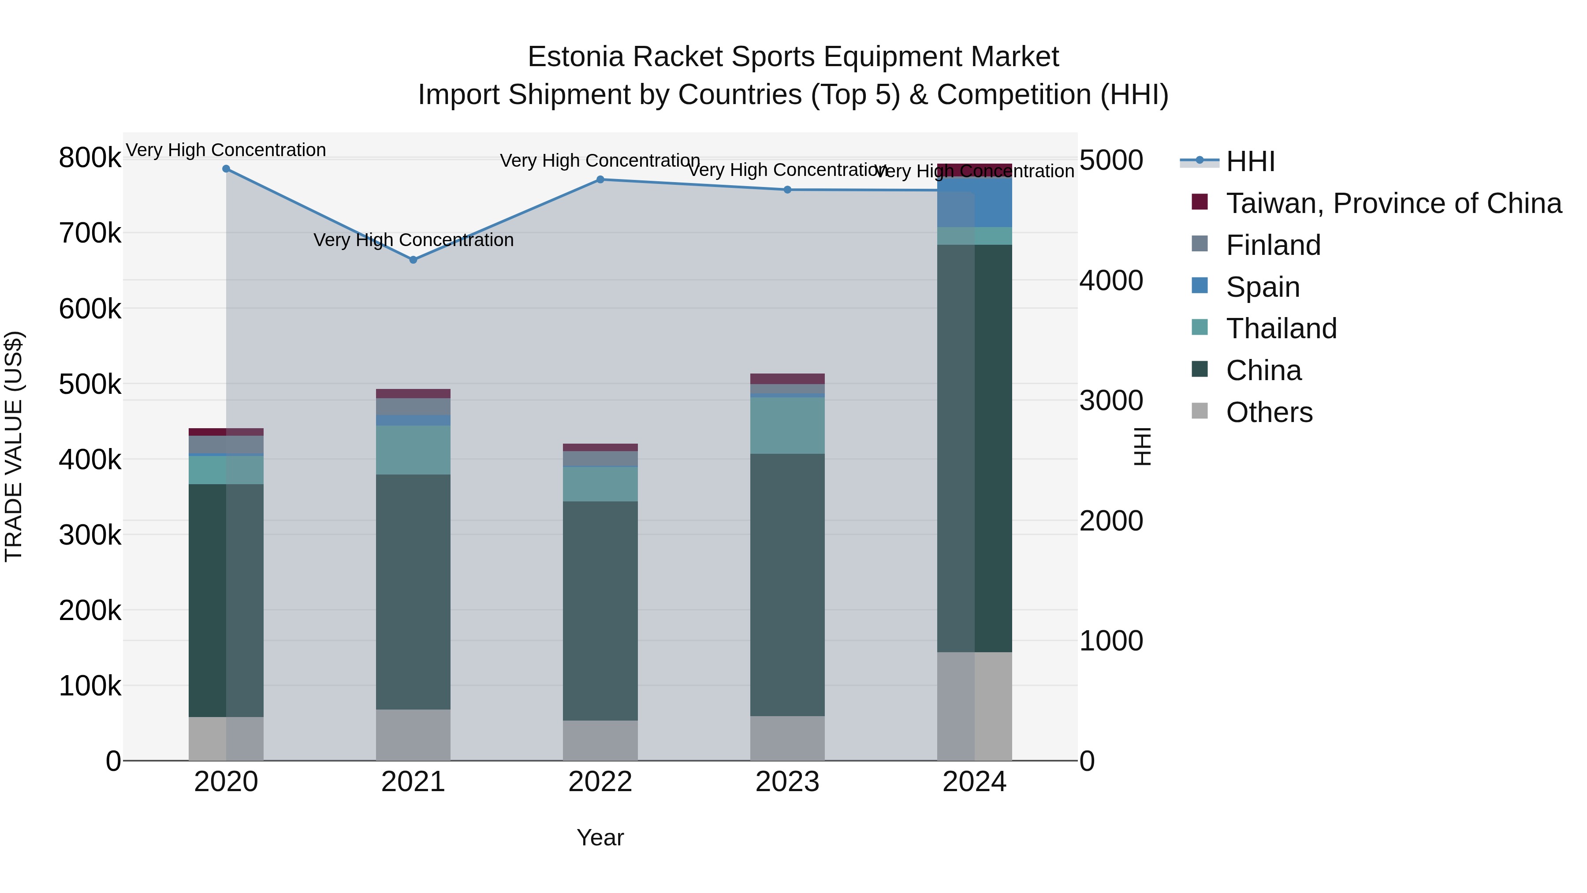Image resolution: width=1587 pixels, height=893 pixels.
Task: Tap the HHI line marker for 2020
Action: click(226, 169)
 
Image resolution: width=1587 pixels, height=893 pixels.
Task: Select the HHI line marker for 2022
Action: click(601, 180)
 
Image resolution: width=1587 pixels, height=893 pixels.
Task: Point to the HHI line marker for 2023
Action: click(787, 190)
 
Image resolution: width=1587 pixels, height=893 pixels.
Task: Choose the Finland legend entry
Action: click(1273, 245)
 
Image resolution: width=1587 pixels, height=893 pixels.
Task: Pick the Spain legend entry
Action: click(1263, 287)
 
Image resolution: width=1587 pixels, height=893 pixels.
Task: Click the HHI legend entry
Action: click(1250, 161)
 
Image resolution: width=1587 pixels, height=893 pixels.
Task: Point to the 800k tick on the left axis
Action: click(90, 158)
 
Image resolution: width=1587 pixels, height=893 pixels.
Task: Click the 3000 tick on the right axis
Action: click(1111, 400)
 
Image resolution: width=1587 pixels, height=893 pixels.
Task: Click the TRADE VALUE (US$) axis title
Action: click(14, 446)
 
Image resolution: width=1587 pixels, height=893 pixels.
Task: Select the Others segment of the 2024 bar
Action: click(975, 706)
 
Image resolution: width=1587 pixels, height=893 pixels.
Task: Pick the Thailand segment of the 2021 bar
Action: click(414, 450)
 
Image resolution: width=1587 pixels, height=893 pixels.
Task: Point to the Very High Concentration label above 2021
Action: click(414, 240)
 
